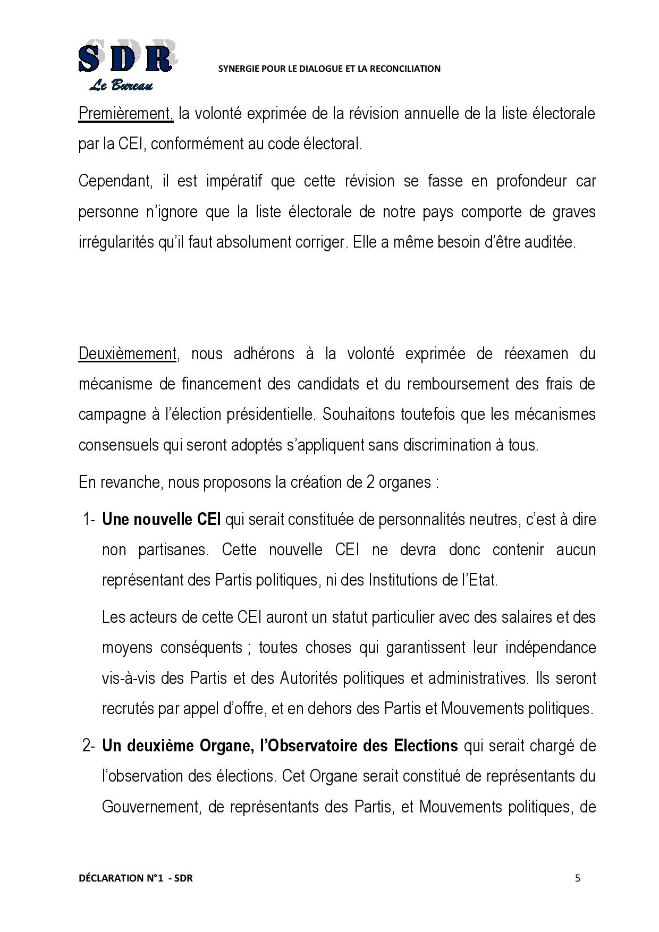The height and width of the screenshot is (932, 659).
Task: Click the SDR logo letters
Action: [x=125, y=58]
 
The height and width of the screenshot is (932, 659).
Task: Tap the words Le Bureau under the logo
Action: [x=121, y=86]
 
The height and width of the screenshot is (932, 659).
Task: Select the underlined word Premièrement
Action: [x=125, y=113]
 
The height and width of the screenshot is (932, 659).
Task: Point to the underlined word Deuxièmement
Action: [x=127, y=353]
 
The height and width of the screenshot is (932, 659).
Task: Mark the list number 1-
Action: [x=89, y=519]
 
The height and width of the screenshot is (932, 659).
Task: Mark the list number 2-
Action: [x=89, y=745]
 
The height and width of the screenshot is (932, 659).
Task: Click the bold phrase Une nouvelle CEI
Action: [x=161, y=519]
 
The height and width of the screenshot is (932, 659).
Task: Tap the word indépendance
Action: [x=551, y=648]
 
